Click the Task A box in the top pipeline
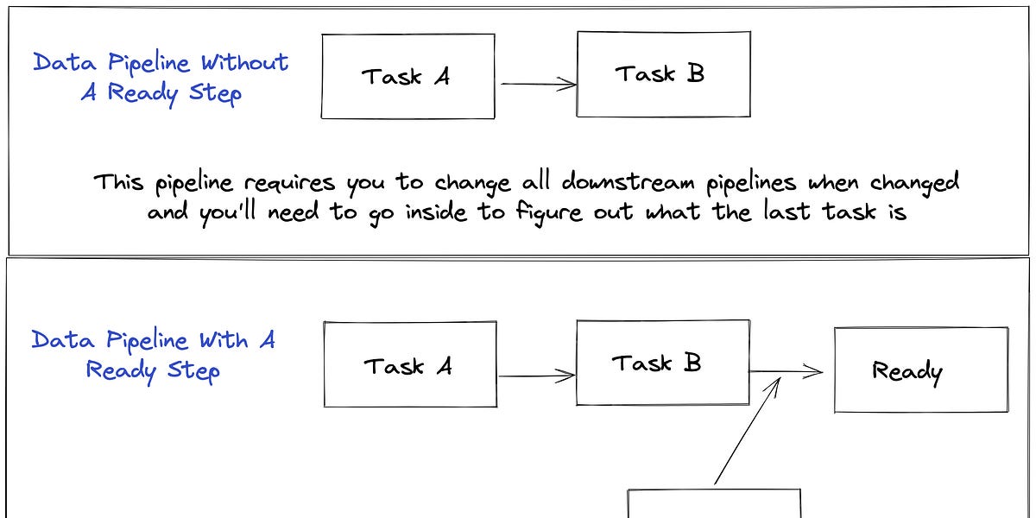pos(407,76)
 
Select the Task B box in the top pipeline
pos(662,73)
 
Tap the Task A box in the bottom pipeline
pos(410,365)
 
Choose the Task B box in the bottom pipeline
pos(661,363)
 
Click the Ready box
pos(920,370)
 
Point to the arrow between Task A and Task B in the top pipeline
pos(537,84)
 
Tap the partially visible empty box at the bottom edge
pos(714,504)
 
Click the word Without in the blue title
pos(245,63)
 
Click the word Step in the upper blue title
pos(215,93)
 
